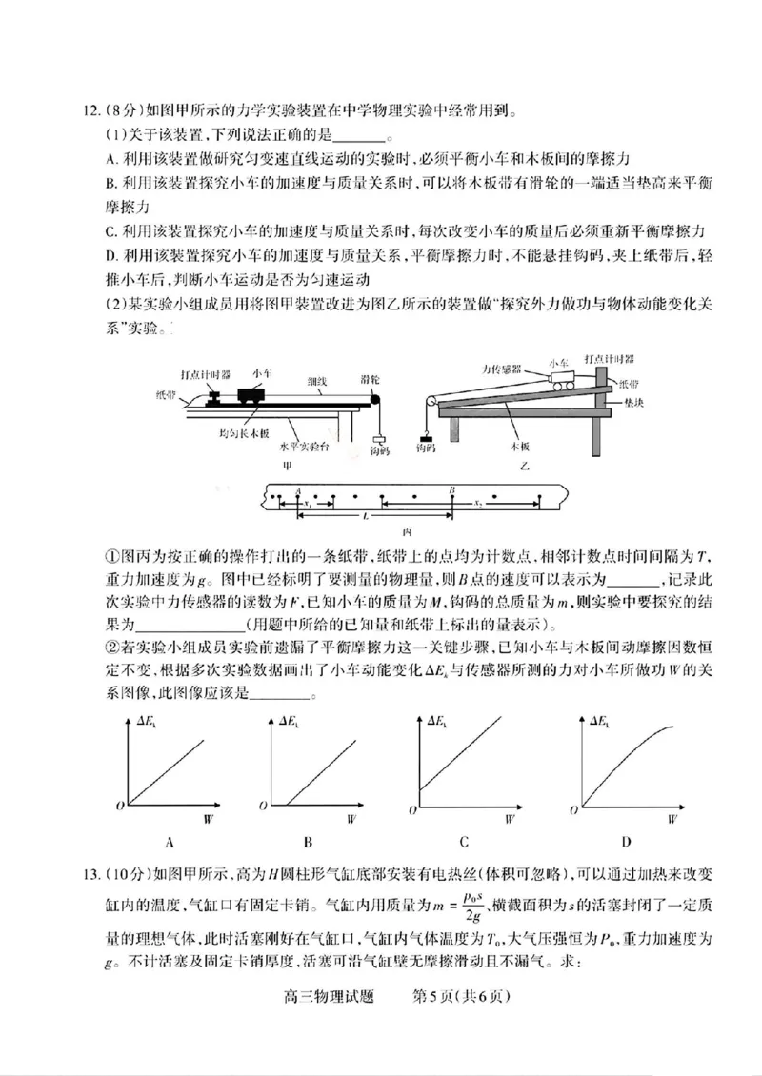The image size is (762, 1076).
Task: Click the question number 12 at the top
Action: (91, 112)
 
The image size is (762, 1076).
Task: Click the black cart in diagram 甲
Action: (252, 394)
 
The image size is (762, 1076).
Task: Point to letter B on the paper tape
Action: (452, 488)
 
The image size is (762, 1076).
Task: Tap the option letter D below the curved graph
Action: (627, 842)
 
